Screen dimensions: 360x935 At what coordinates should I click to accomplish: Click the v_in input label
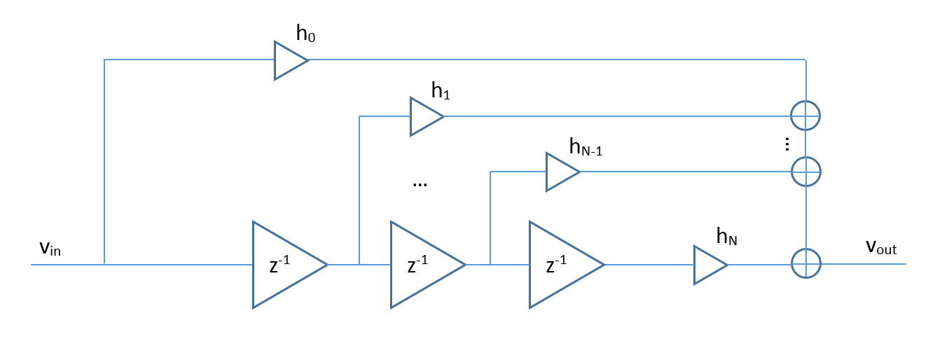pyautogui.click(x=50, y=249)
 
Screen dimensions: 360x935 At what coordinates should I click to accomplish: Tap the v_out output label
pyautogui.click(x=881, y=247)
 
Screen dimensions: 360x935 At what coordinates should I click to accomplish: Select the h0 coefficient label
pyautogui.click(x=306, y=34)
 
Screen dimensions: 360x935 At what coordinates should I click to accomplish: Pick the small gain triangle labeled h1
pyautogui.click(x=424, y=116)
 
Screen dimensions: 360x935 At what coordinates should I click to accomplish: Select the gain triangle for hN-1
pyautogui.click(x=560, y=172)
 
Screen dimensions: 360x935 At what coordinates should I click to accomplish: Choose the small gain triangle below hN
pyautogui.click(x=708, y=265)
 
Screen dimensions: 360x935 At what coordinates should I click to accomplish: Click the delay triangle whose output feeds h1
pyautogui.click(x=284, y=265)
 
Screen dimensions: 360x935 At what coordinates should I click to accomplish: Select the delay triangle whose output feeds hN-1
pyautogui.click(x=422, y=265)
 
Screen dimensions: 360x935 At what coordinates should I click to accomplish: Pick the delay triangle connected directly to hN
pyautogui.click(x=560, y=265)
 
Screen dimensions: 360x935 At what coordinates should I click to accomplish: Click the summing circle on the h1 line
pyautogui.click(x=805, y=116)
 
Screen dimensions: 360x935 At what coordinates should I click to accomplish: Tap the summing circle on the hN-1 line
pyautogui.click(x=805, y=171)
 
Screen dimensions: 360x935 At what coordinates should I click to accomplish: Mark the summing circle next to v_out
pyautogui.click(x=805, y=264)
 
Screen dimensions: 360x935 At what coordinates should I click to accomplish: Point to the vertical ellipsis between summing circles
pyautogui.click(x=787, y=144)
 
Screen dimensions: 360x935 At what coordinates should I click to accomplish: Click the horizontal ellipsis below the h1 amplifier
pyautogui.click(x=420, y=184)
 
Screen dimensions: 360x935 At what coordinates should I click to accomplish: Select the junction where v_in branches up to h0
pyautogui.click(x=104, y=264)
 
